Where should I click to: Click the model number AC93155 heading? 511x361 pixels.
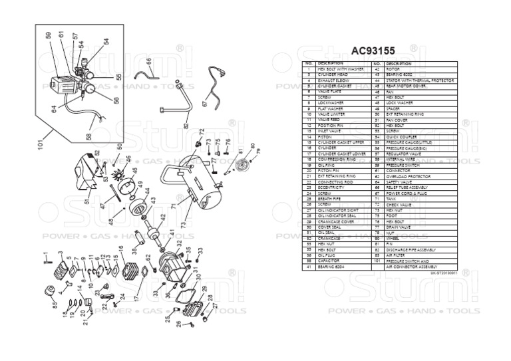pyautogui.click(x=379, y=51)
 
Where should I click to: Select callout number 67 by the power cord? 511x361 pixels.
pyautogui.click(x=204, y=103)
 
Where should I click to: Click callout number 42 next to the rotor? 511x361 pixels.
pyautogui.click(x=163, y=217)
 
